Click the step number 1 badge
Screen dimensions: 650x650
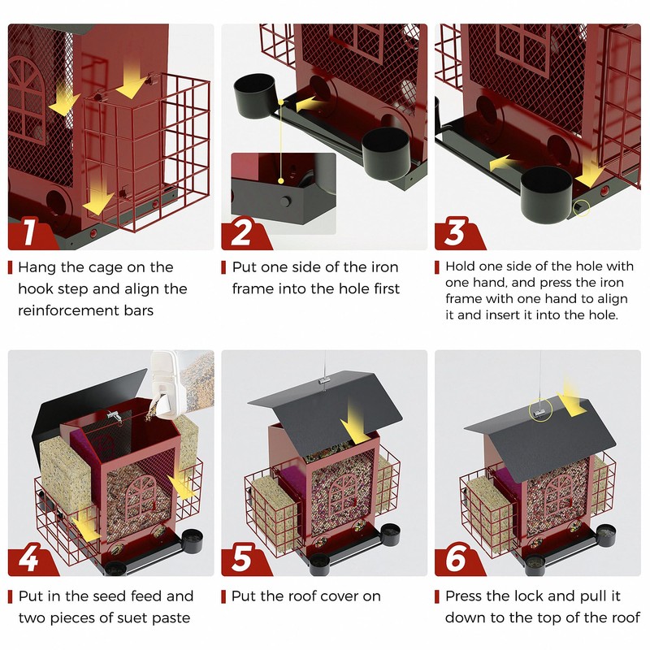pyautogui.click(x=29, y=233)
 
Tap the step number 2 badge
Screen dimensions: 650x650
pyautogui.click(x=242, y=233)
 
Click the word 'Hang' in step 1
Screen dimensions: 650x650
pyautogui.click(x=37, y=267)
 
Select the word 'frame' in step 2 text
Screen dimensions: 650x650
pyautogui.click(x=253, y=288)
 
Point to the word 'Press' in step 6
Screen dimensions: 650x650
pyautogui.click(x=464, y=596)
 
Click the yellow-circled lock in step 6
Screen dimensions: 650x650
pyautogui.click(x=539, y=410)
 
